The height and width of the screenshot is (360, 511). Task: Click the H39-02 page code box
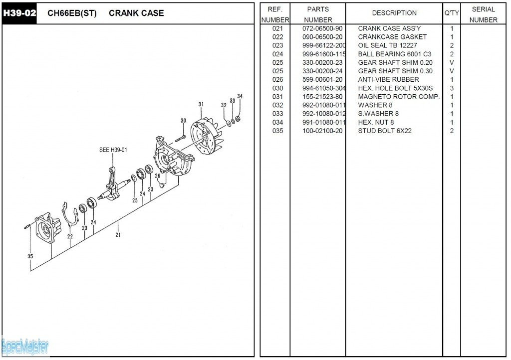pyautogui.click(x=19, y=13)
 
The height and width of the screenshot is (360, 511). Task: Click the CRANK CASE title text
pyautogui.click(x=136, y=13)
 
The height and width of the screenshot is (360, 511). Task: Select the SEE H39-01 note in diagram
pyautogui.click(x=113, y=150)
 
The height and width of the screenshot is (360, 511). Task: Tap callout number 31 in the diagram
pyautogui.click(x=201, y=105)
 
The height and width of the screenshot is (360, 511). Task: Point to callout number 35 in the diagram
pyautogui.click(x=30, y=256)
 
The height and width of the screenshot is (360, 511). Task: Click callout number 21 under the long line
pyautogui.click(x=118, y=234)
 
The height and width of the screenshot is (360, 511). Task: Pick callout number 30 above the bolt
pyautogui.click(x=183, y=121)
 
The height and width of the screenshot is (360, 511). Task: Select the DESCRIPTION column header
pyautogui.click(x=394, y=13)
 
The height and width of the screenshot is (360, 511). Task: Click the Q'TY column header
pyautogui.click(x=451, y=13)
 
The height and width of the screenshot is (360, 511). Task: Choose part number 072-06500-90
pyautogui.click(x=322, y=28)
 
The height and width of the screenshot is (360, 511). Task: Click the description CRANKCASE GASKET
pyautogui.click(x=392, y=37)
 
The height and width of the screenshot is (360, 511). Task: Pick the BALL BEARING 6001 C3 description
pyautogui.click(x=394, y=54)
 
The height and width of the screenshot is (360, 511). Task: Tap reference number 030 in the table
pyautogui.click(x=277, y=88)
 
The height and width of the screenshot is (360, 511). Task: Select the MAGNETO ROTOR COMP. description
pyautogui.click(x=399, y=97)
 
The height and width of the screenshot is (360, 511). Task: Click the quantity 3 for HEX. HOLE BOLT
pyautogui.click(x=452, y=88)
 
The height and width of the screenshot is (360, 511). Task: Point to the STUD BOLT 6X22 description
pyautogui.click(x=385, y=131)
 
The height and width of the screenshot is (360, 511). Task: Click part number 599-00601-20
pyautogui.click(x=322, y=80)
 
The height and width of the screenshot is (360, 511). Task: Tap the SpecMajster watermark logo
pyautogui.click(x=25, y=345)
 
